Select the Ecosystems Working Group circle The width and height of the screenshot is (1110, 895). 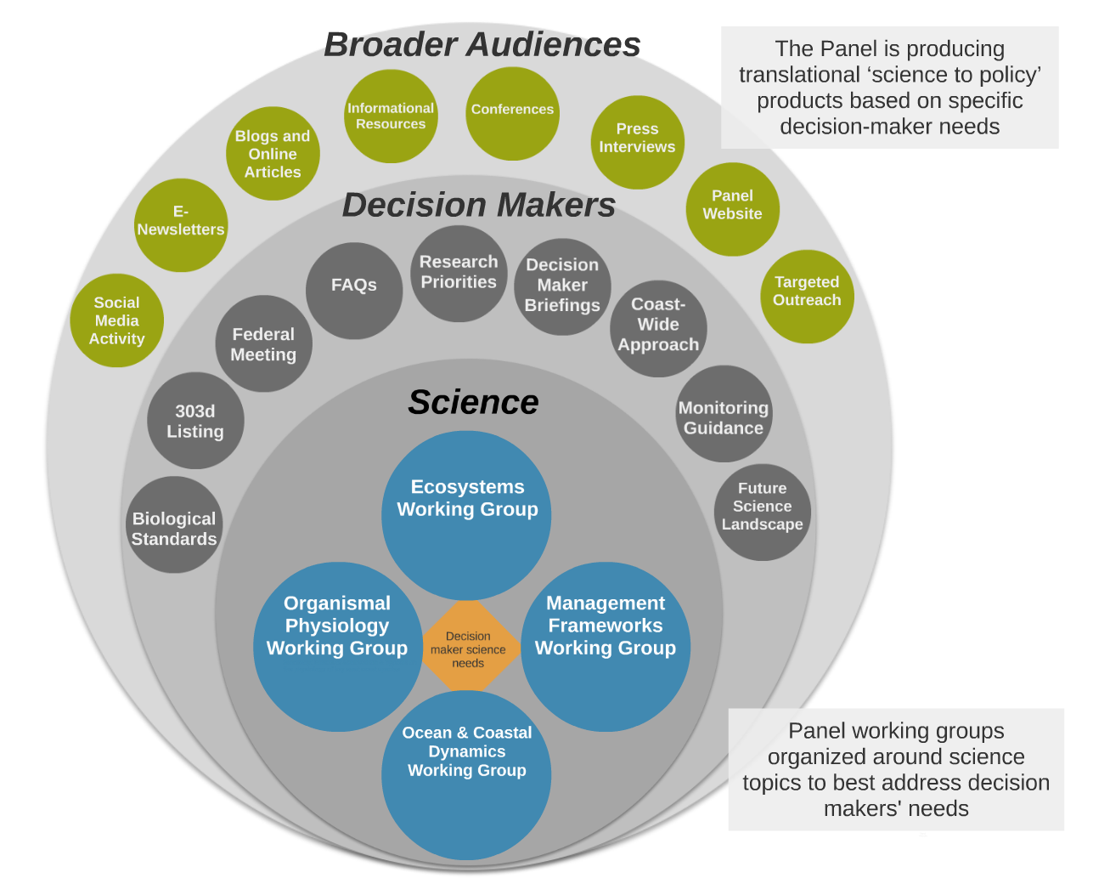[x=466, y=516]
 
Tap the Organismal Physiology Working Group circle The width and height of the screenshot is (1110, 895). [x=338, y=647]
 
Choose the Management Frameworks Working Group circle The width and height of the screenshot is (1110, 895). [x=606, y=647]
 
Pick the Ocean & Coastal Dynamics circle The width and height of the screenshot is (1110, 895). [x=466, y=775]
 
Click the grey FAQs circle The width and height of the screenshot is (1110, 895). [x=354, y=291]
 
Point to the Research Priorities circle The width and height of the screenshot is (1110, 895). [x=459, y=274]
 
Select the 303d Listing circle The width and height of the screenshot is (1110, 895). [x=195, y=421]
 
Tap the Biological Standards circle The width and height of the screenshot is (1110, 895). [x=174, y=524]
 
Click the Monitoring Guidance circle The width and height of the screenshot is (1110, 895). [x=724, y=414]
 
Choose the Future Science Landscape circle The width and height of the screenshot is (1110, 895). [x=763, y=512]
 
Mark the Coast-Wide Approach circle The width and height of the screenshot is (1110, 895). [x=658, y=329]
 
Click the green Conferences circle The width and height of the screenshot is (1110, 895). [x=512, y=114]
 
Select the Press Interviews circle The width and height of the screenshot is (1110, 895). [x=638, y=143]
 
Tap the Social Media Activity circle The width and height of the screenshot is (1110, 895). [x=117, y=320]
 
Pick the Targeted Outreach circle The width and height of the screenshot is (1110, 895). [x=807, y=297]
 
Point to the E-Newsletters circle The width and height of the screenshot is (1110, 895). [x=181, y=225]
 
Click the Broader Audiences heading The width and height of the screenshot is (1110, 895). [x=482, y=44]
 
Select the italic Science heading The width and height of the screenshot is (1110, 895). [x=474, y=402]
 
